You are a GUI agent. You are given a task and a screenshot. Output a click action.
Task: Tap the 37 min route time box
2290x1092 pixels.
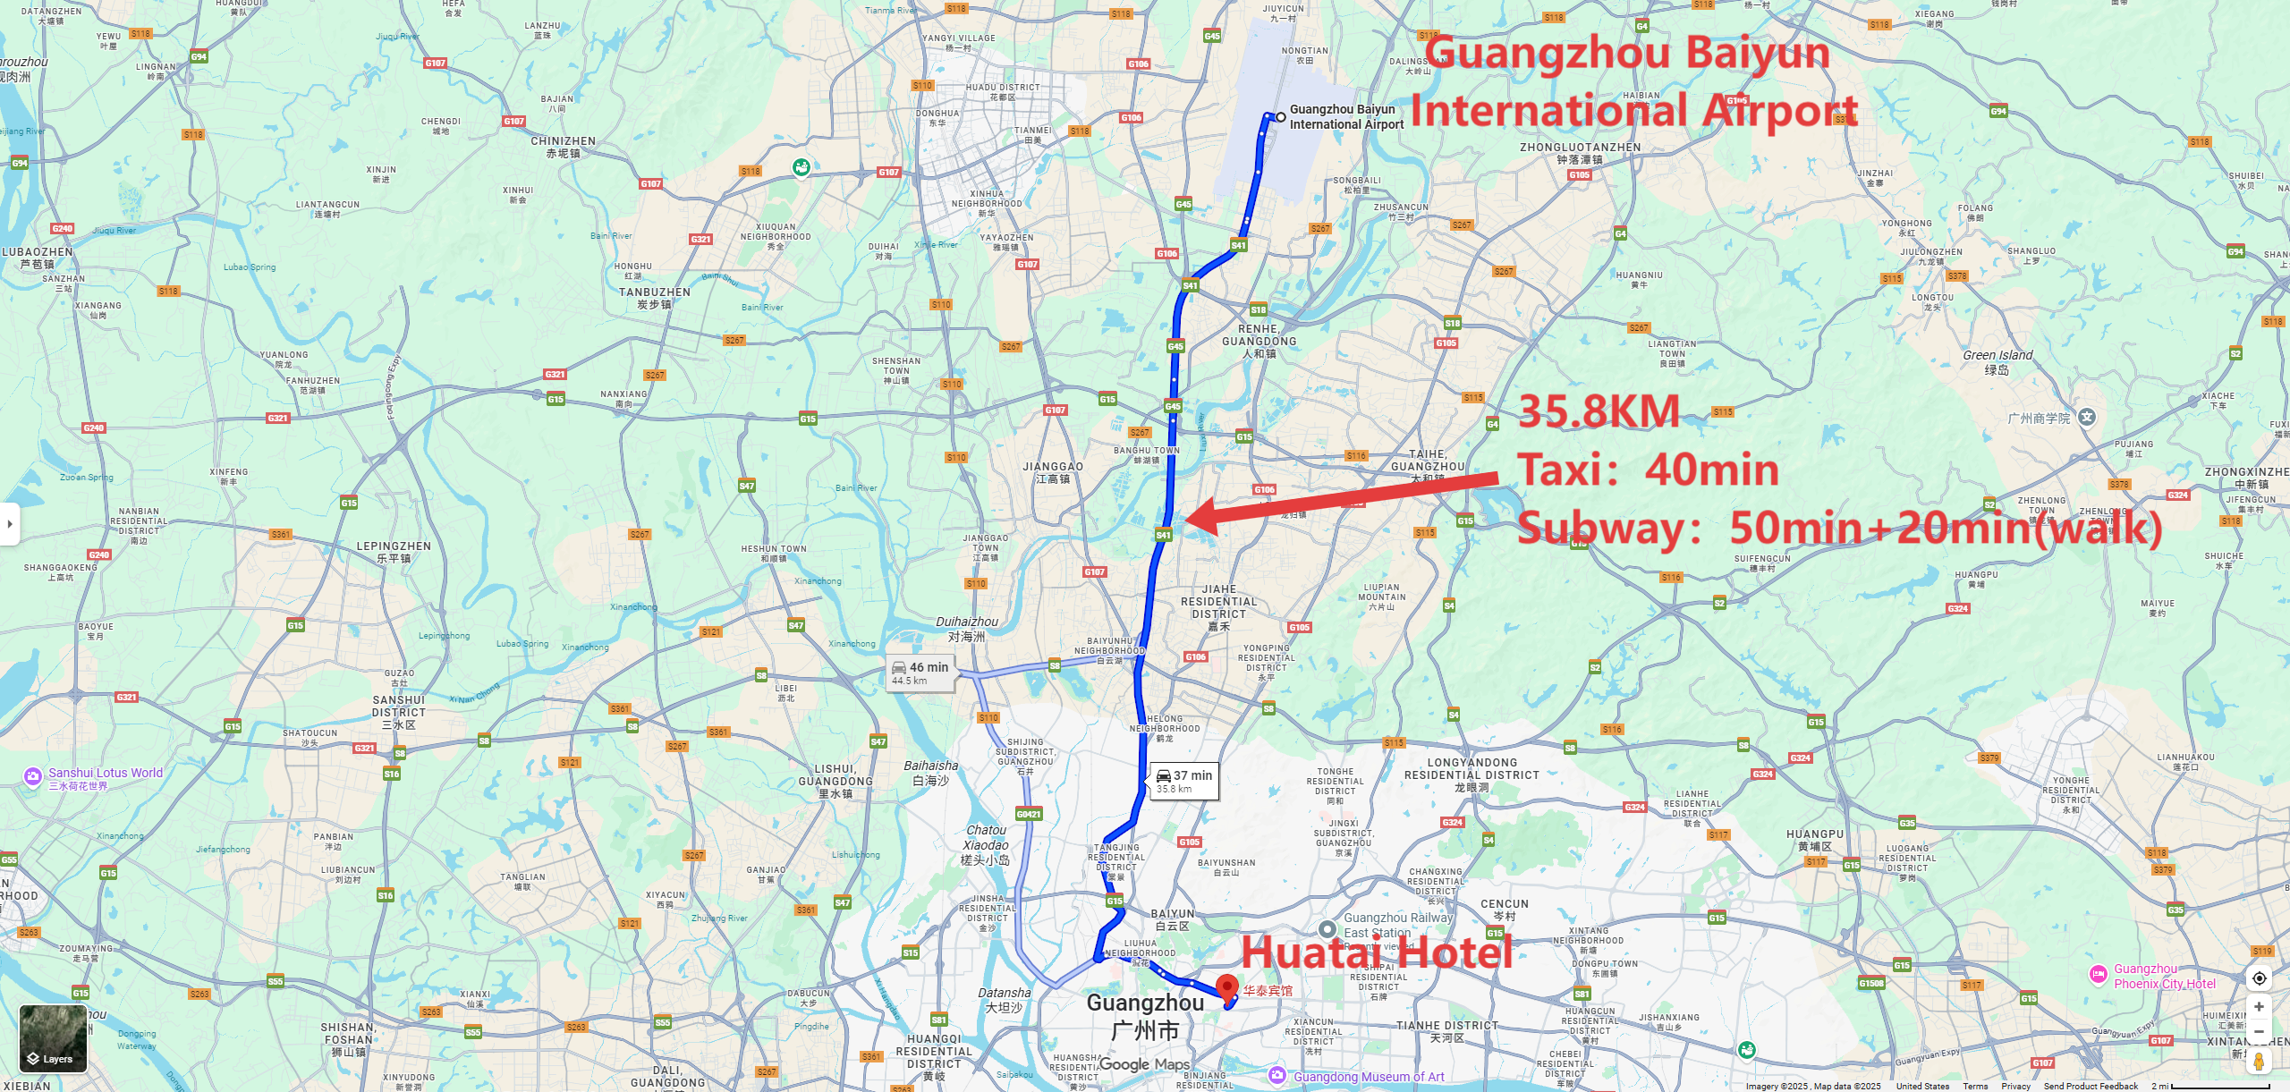tap(1183, 781)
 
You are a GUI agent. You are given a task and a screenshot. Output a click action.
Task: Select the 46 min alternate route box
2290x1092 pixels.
tap(920, 673)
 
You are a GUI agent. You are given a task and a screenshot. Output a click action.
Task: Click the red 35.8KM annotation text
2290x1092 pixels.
tap(1599, 412)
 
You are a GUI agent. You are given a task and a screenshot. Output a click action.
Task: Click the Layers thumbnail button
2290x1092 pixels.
tap(54, 1038)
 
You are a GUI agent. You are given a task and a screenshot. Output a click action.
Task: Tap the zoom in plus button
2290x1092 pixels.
tap(2259, 1007)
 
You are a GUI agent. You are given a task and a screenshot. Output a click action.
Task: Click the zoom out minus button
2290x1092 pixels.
tap(2259, 1031)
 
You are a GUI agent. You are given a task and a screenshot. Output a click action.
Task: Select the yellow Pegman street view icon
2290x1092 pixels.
tap(2259, 1062)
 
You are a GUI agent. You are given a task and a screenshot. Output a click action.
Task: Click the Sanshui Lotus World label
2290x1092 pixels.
tap(105, 774)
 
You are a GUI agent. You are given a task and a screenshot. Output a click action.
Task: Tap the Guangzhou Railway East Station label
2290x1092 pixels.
tap(1396, 925)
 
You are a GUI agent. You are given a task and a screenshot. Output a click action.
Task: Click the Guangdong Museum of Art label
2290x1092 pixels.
tap(1368, 1077)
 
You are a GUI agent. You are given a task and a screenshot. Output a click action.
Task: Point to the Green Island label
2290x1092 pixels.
tap(1997, 356)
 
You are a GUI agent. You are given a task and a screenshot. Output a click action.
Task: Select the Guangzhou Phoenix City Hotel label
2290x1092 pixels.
tap(2164, 976)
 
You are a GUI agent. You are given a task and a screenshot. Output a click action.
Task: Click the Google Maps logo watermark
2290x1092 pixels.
tap(1144, 1064)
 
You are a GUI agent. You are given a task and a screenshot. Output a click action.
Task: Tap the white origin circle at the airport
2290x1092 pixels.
tap(1281, 117)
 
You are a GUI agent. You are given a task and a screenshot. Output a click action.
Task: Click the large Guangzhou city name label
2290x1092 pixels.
tap(1145, 1003)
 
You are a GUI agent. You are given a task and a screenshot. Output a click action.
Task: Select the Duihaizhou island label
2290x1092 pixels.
tap(966, 622)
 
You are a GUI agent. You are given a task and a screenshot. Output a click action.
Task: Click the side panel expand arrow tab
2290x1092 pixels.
tap(9, 524)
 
